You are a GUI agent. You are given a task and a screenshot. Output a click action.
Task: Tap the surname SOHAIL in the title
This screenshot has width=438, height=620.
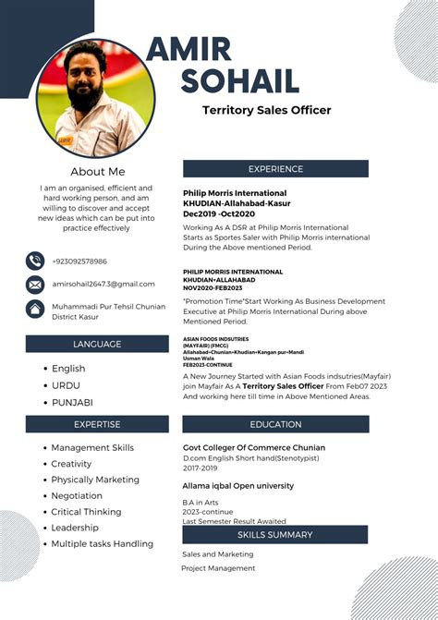click(239, 81)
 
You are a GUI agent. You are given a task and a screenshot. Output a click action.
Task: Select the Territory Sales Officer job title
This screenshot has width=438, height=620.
click(266, 110)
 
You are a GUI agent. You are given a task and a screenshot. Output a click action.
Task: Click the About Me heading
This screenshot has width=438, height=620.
click(97, 172)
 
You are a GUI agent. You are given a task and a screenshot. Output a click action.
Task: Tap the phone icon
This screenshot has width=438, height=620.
click(35, 261)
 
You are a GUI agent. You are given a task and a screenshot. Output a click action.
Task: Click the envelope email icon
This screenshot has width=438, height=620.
click(35, 285)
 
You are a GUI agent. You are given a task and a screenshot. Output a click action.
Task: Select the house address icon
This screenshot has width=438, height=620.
click(35, 309)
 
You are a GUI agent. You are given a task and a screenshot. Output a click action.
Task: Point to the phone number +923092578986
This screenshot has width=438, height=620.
click(79, 261)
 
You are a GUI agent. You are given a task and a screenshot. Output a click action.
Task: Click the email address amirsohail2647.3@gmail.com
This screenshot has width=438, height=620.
click(103, 284)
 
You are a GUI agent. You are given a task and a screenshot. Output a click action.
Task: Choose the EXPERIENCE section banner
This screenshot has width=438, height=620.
click(275, 169)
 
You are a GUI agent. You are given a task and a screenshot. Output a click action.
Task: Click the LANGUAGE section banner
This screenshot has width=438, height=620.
click(97, 344)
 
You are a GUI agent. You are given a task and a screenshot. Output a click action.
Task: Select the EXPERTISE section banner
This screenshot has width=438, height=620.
click(97, 424)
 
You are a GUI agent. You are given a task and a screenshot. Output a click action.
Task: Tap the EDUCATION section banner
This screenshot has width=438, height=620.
click(275, 424)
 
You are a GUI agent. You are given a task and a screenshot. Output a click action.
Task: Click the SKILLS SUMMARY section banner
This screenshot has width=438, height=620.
click(274, 534)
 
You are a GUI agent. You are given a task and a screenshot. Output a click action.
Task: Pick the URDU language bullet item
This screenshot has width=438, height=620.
click(66, 385)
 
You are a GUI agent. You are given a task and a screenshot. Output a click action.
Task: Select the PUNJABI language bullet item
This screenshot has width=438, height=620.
click(72, 402)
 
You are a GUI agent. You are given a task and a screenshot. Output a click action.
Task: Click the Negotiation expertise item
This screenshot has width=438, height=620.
click(77, 496)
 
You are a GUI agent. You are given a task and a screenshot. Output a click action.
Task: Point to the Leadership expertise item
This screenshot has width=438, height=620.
click(75, 528)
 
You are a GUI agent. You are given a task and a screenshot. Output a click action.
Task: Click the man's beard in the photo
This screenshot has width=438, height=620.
click(88, 96)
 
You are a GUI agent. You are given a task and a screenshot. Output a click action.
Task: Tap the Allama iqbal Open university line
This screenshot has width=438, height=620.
click(238, 485)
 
